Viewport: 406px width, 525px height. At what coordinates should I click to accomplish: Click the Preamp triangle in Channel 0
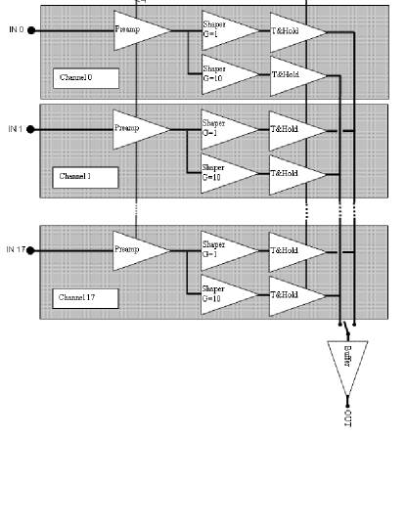134,30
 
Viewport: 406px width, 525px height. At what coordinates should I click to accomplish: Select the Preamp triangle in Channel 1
134,129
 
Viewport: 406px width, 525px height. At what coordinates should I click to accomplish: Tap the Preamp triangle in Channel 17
134,250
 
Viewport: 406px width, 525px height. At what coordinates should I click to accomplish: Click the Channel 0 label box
86,78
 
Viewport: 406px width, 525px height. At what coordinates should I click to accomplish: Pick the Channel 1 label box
86,177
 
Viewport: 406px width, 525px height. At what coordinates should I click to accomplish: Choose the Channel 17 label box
86,297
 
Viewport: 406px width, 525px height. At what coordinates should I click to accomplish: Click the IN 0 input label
15,30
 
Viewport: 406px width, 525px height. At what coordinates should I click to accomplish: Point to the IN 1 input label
15,129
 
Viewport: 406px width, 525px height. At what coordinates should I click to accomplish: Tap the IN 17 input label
15,250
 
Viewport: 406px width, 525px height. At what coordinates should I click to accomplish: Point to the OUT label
348,416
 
